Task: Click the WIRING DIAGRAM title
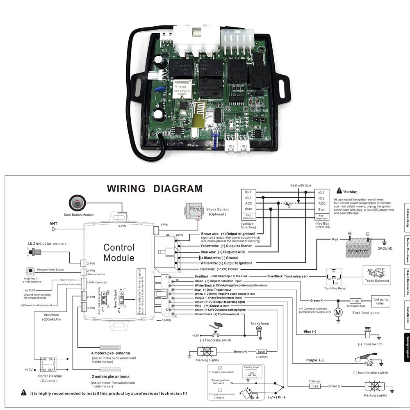[x=155, y=189]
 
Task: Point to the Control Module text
[x=119, y=253]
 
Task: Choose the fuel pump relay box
[x=380, y=301]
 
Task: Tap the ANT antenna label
[x=53, y=224]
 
